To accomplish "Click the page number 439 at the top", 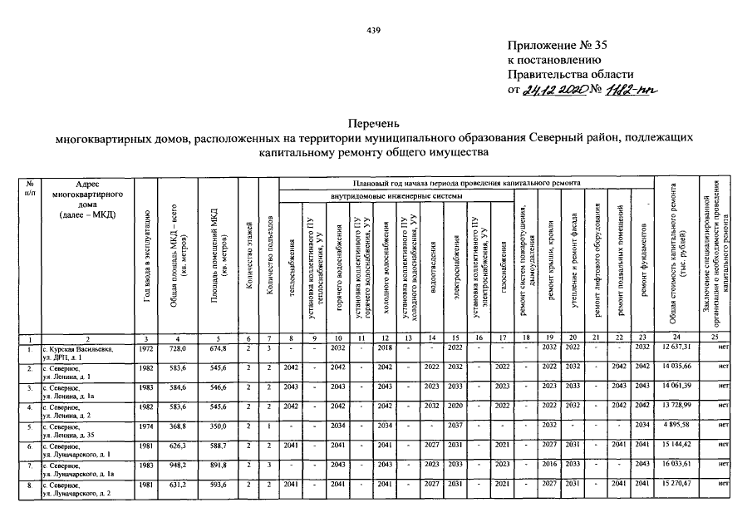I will point(373,31).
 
